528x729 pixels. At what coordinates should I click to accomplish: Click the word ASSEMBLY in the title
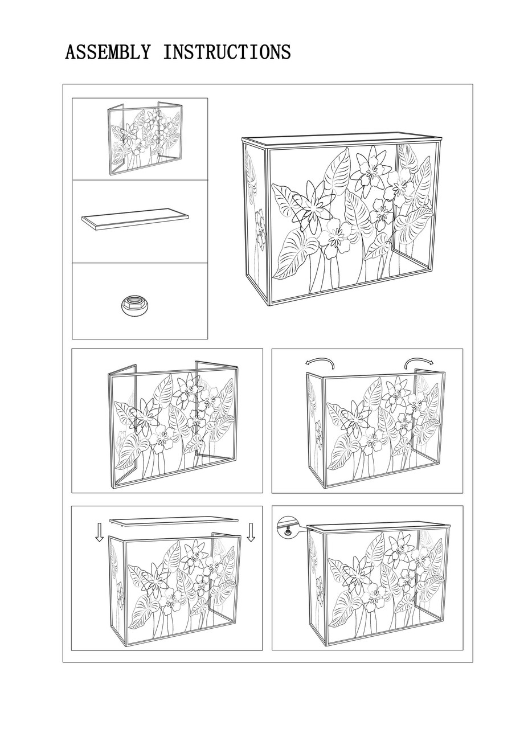click(108, 52)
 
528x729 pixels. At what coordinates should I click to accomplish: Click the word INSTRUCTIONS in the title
click(227, 52)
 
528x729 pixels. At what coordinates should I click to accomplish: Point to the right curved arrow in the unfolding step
click(419, 362)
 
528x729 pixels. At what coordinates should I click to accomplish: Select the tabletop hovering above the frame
click(174, 521)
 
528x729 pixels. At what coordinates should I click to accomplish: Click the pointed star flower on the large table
click(313, 206)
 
